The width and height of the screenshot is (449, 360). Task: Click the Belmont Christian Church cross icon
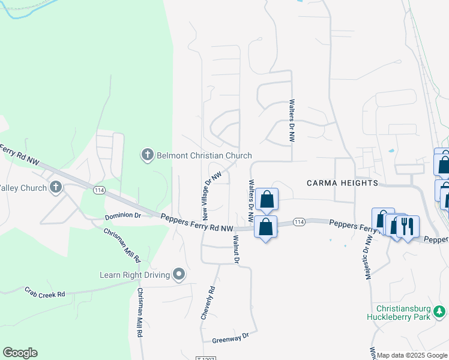click(148, 155)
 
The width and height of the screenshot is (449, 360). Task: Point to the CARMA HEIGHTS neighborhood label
click(342, 182)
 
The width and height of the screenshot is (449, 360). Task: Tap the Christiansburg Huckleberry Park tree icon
click(440, 311)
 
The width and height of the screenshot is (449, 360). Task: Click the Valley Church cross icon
click(56, 187)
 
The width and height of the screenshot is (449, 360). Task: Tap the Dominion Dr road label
click(122, 215)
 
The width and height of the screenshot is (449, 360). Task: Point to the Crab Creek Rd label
click(44, 292)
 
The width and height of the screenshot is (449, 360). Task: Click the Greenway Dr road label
click(230, 338)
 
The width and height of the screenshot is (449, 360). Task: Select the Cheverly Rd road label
click(208, 302)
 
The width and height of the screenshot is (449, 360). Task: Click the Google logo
click(20, 353)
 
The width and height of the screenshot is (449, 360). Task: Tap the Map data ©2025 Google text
click(412, 355)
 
